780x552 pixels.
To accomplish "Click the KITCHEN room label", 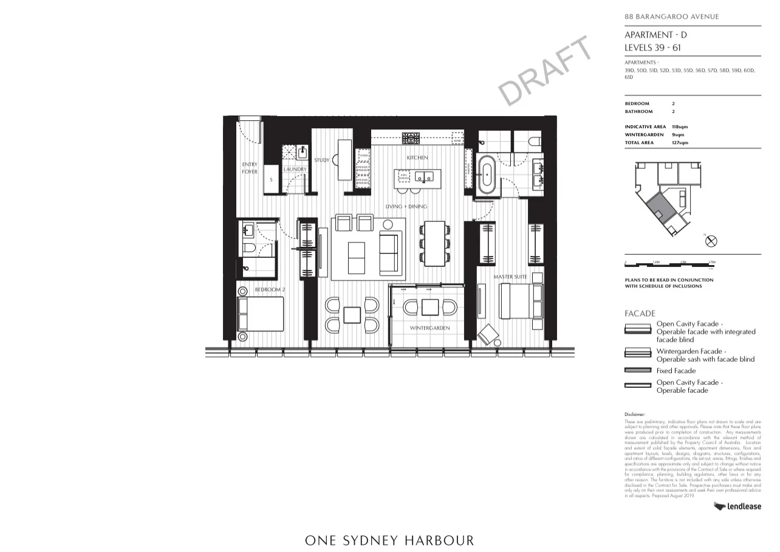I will point(417,158).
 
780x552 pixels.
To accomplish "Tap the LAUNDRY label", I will point(295,169).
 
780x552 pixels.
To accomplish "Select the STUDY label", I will point(321,160).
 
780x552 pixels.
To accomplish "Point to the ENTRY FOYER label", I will point(250,168).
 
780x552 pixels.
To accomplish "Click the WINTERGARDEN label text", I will point(429,328).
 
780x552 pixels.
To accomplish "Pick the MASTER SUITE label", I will point(510,277).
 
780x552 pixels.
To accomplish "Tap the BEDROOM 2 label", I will point(269,290).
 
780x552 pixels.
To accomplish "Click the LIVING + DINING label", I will point(406,207).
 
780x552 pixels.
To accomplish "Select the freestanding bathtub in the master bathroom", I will point(486,175).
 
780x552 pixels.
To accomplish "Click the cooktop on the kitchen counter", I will point(411,138).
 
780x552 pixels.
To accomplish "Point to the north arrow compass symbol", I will point(711,241).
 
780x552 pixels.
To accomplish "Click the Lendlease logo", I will point(737,506).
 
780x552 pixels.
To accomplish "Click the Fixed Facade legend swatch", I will point(637,370).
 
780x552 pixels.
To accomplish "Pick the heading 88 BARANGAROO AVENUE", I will point(671,17).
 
